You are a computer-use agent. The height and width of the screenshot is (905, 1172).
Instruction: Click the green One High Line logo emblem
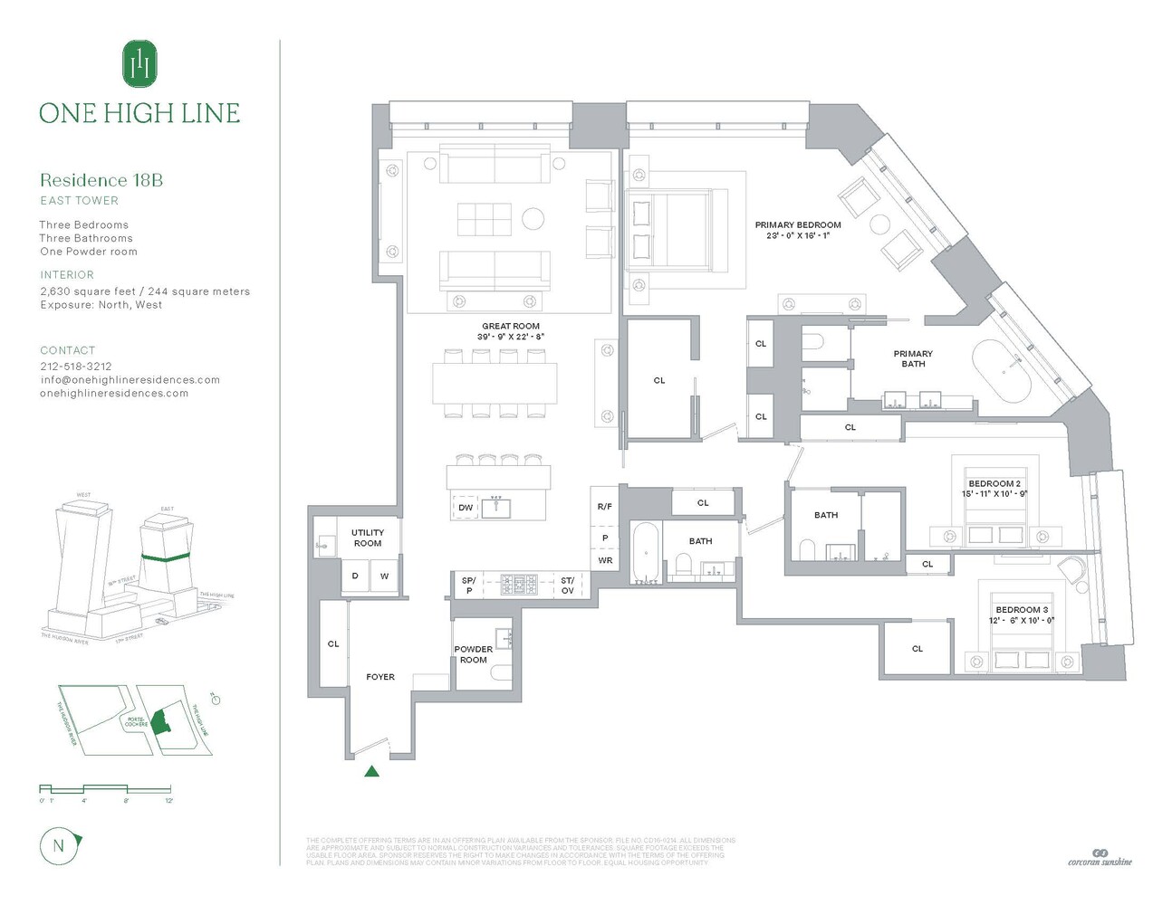[x=139, y=64]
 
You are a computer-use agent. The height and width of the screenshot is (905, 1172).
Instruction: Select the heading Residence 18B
[x=101, y=180]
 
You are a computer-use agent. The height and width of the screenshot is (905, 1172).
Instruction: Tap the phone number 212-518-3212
[x=76, y=367]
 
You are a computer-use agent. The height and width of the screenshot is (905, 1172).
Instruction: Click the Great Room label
[x=511, y=327]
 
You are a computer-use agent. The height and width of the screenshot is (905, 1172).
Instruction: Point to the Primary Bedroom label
[x=798, y=225]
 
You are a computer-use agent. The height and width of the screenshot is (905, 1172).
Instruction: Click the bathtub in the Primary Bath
[x=1002, y=372]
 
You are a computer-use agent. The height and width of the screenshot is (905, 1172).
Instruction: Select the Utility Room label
[x=368, y=538]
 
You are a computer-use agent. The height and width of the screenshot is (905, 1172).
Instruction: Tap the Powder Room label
[x=473, y=654]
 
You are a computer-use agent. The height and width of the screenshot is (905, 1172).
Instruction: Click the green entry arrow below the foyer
[x=371, y=771]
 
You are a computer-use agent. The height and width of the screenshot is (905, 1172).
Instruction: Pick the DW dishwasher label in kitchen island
[x=466, y=508]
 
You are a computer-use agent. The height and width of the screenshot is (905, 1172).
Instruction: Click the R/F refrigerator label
[x=605, y=507]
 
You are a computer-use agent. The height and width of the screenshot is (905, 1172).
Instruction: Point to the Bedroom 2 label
[x=994, y=484]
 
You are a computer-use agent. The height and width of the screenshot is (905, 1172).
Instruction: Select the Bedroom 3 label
[x=1021, y=610]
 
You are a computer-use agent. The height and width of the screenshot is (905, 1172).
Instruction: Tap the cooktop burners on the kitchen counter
[x=519, y=585]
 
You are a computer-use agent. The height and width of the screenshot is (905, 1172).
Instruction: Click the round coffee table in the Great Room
[x=533, y=219]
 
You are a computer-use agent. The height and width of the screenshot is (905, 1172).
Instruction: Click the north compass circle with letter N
[x=59, y=846]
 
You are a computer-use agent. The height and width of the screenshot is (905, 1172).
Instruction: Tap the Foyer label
[x=380, y=677]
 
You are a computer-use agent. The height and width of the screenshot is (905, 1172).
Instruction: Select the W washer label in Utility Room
[x=384, y=576]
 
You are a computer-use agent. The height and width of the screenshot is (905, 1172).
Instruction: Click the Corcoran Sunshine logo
[x=1100, y=858]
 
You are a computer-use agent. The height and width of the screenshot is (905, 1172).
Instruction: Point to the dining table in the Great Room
[x=495, y=383]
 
